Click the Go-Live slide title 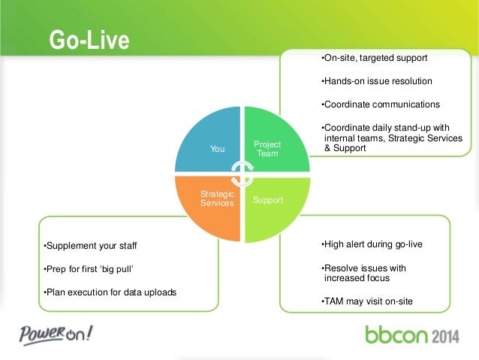pos(89,40)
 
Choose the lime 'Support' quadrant pos(268,201)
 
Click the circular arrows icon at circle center pos(241,174)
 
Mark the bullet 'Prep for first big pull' pos(91,268)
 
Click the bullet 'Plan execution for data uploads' pos(110,292)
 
